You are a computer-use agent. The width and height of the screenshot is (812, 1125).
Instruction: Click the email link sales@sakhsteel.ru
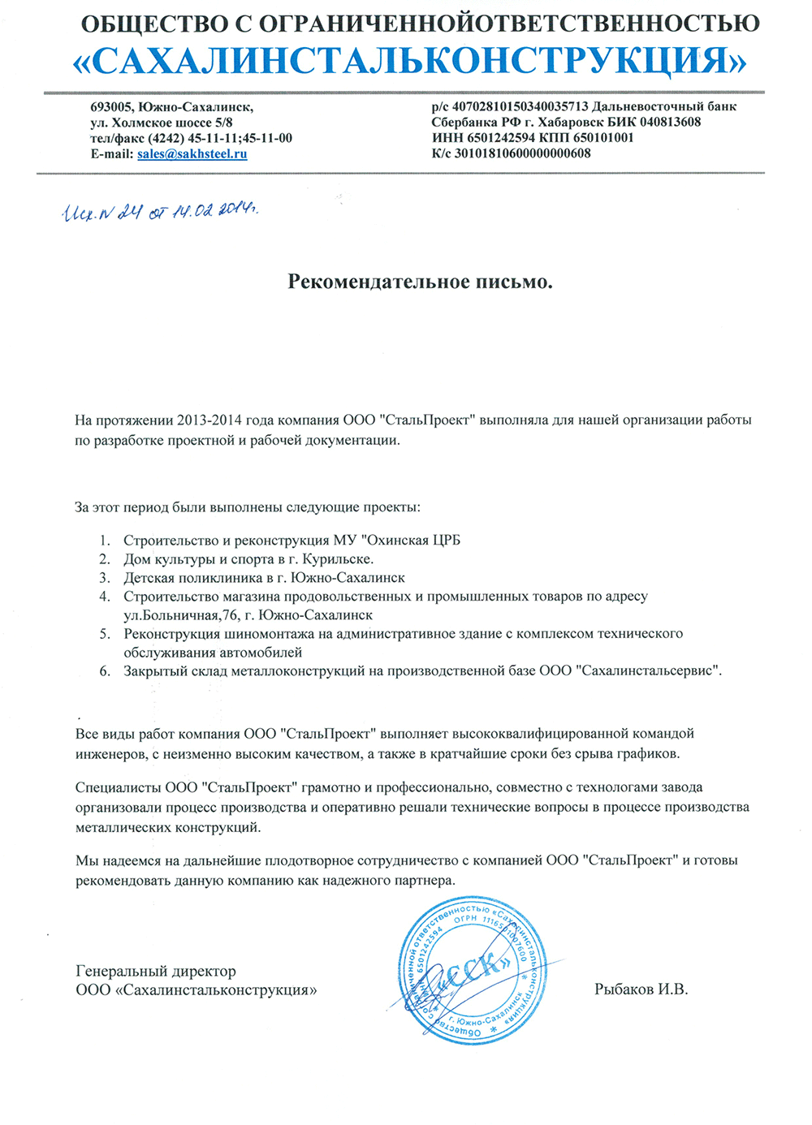[192, 154]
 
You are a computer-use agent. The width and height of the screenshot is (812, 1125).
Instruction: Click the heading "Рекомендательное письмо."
[420, 282]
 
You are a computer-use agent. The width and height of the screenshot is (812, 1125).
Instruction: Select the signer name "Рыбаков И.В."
[641, 989]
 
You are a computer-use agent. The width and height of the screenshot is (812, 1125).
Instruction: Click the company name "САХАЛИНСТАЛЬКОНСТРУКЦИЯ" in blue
[410, 61]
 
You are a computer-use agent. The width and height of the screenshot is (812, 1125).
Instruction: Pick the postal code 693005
[111, 107]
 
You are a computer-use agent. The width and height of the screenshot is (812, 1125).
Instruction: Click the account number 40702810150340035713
[520, 106]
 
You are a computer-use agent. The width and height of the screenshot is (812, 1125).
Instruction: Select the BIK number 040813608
[670, 123]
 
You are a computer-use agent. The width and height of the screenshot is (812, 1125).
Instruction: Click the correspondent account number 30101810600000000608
[522, 153]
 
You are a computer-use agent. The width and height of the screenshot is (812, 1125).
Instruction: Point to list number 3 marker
[105, 578]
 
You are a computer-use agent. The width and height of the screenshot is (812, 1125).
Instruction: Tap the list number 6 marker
[105, 671]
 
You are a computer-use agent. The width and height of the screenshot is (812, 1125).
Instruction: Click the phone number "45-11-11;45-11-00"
[240, 138]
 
